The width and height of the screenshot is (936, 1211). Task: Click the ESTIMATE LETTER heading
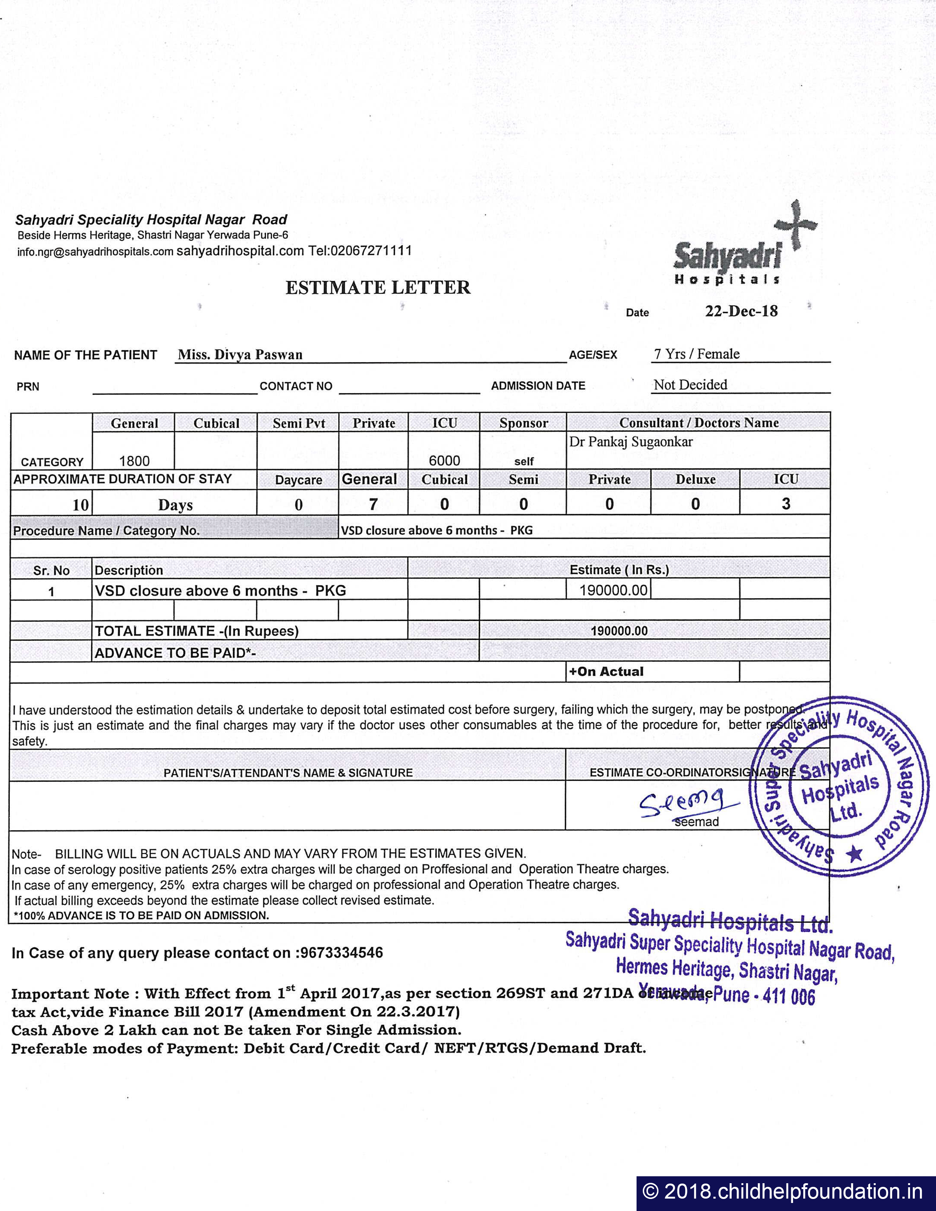pos(378,287)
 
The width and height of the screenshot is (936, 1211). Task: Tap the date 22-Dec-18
pos(741,311)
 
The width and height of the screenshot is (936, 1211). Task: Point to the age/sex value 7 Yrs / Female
pos(697,354)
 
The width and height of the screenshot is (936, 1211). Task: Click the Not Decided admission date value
pos(690,385)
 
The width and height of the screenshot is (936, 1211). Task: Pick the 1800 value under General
pos(134,461)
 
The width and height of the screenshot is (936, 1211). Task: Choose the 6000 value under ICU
pos(444,460)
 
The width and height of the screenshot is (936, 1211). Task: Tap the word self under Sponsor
pos(524,461)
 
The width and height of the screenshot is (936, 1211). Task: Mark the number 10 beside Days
pos(80,505)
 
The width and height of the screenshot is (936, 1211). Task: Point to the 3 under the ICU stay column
pos(786,503)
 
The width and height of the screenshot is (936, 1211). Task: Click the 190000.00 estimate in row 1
pos(613,590)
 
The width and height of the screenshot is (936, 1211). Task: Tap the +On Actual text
pos(606,671)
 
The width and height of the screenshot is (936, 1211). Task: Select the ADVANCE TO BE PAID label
pos(175,653)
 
